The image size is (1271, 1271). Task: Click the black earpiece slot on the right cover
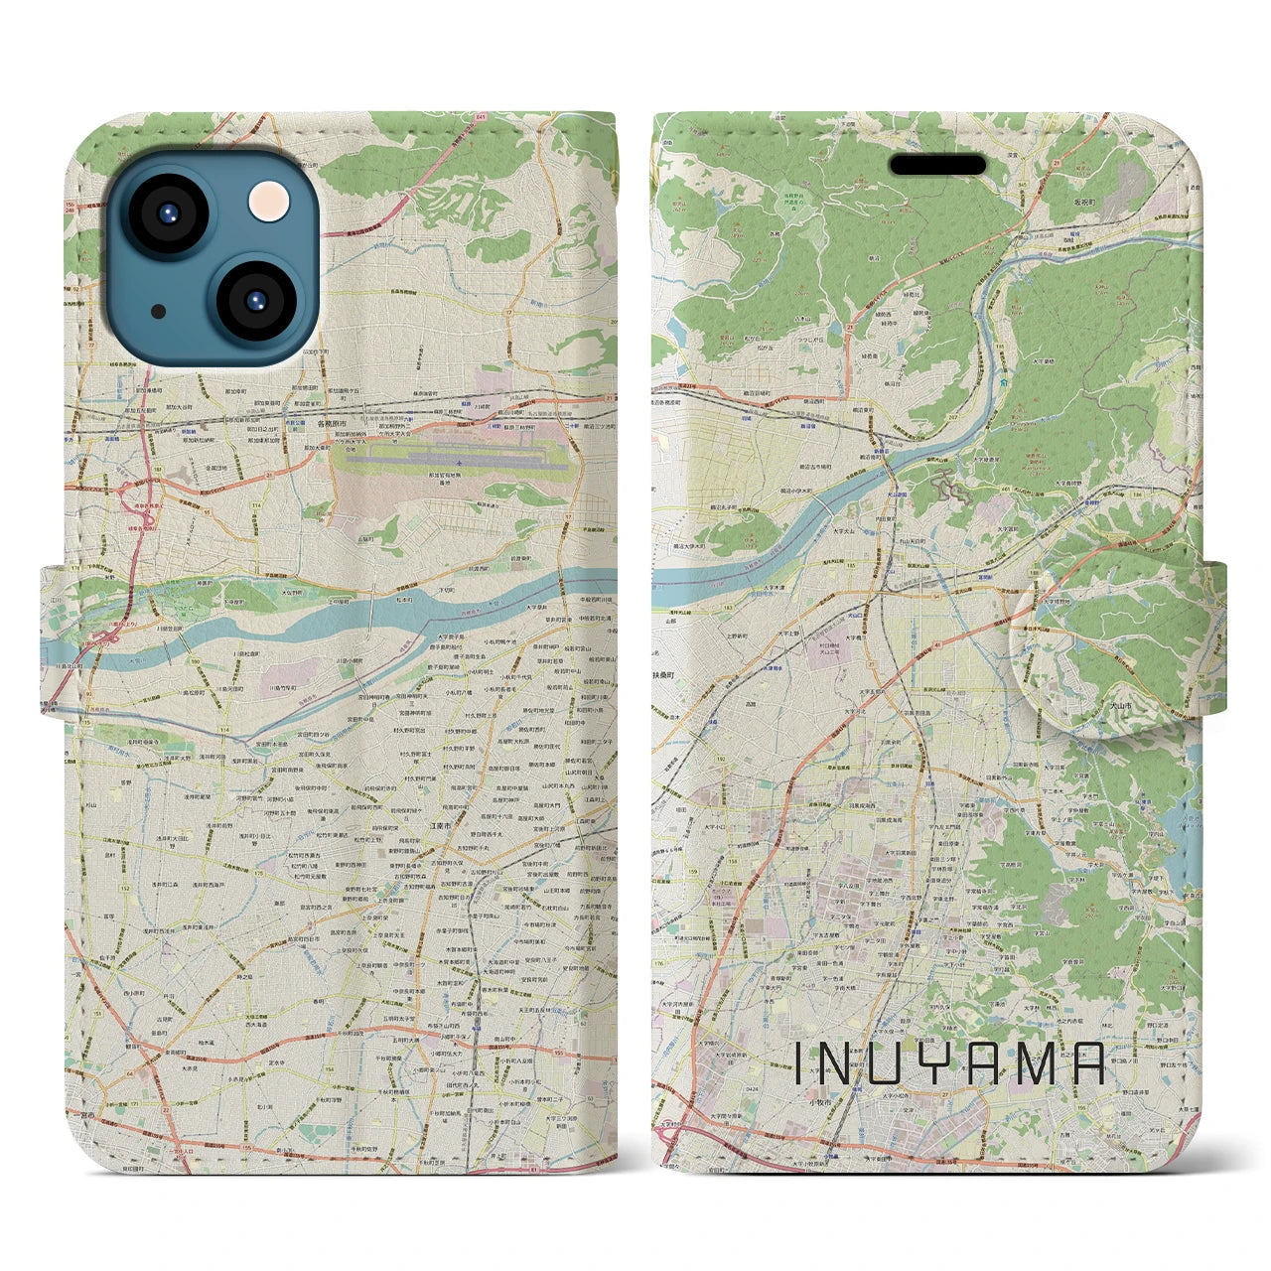[937, 165]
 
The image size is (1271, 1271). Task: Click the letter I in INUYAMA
[798, 1063]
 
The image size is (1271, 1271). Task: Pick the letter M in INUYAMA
[1045, 1063]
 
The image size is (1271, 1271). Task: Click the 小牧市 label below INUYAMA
[819, 1103]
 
